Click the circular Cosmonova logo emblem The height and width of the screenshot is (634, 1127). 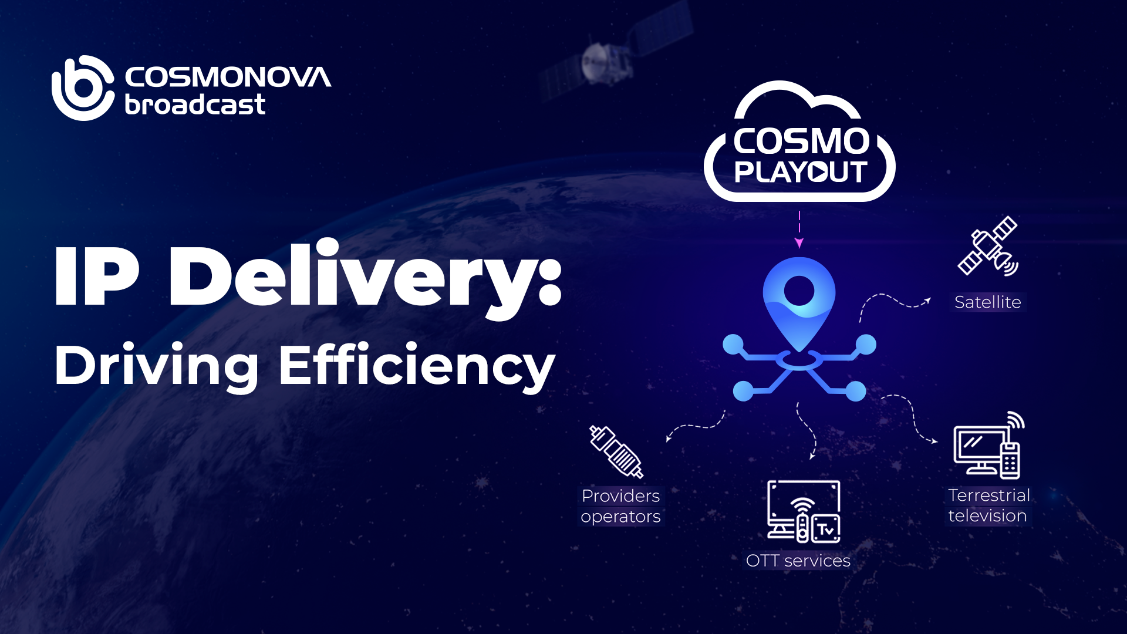pos(83,88)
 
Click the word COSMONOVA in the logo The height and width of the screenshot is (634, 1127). pos(228,77)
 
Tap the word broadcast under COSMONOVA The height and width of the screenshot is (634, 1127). pos(195,105)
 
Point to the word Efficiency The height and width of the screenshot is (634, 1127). pos(417,366)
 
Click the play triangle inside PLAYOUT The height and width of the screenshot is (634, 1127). pos(817,172)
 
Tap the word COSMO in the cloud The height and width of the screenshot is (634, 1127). pos(801,141)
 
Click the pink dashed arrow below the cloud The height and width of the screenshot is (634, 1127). pos(799,230)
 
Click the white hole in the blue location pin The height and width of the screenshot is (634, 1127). pos(799,290)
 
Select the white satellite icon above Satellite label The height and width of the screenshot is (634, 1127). pos(988,247)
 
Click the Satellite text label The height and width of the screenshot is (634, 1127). pos(988,302)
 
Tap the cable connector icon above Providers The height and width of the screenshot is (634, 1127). pos(616,451)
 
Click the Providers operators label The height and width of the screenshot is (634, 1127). pos(621,506)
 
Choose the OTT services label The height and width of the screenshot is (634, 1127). pos(798,561)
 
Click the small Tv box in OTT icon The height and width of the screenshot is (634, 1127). pos(826,529)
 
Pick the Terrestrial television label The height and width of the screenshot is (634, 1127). pos(988,505)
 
